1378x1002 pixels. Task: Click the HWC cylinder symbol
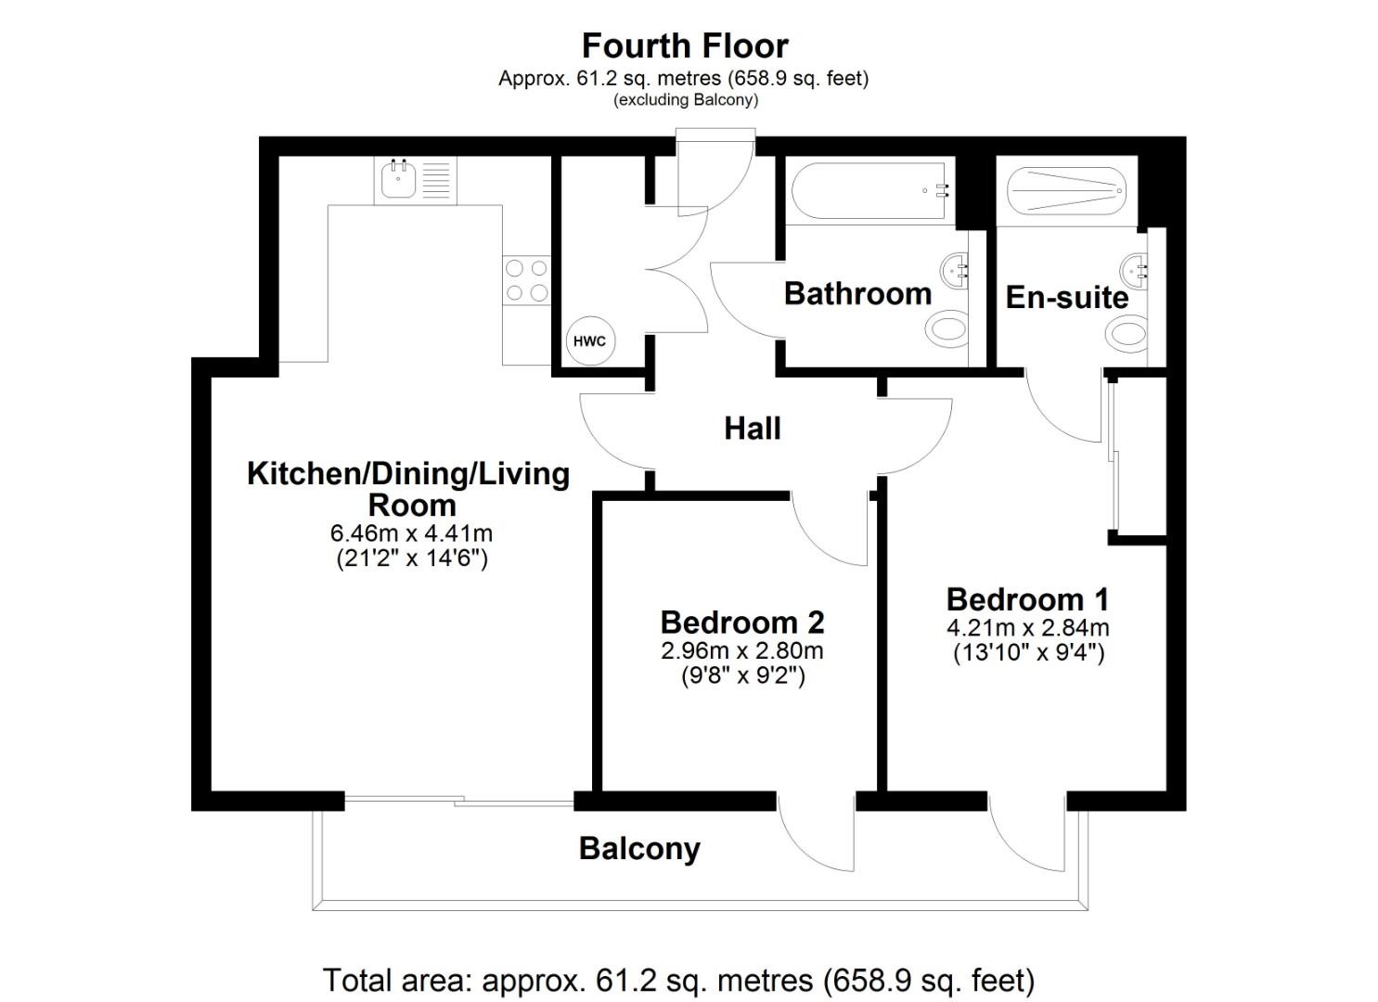[589, 341]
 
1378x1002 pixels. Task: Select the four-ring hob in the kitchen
[525, 280]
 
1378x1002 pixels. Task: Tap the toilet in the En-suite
[1127, 331]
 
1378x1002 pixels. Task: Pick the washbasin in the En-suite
[1134, 270]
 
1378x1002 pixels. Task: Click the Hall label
[752, 429]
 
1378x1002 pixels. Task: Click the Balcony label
[639, 848]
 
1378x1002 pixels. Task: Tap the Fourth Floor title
[685, 45]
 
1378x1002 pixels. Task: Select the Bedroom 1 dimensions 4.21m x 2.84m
[1028, 628]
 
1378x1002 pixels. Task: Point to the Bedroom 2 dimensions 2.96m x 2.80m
[741, 650]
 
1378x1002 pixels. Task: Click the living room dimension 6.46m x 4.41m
[411, 533]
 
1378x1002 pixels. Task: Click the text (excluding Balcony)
[685, 100]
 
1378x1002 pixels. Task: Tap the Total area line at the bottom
[678, 980]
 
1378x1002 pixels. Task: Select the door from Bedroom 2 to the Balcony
[817, 833]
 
